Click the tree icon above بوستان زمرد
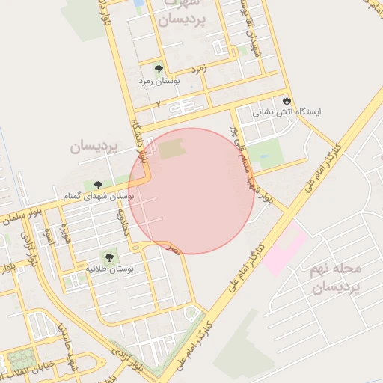tap(159, 69)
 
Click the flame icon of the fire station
tap(286, 100)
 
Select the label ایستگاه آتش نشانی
tap(287, 113)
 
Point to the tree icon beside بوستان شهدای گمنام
tap(99, 184)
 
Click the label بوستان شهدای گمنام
tap(99, 196)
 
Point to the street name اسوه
tap(49, 238)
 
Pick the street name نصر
tap(174, 248)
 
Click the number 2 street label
tap(157, 105)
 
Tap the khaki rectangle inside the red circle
tap(171, 149)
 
